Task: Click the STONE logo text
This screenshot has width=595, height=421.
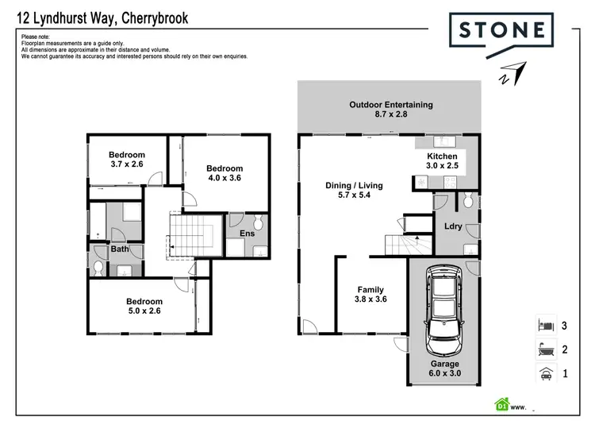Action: coord(501,31)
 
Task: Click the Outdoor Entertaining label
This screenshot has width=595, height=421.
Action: coord(391,110)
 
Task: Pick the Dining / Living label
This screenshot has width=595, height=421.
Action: coord(354,191)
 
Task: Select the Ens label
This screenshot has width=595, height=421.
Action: coord(248,234)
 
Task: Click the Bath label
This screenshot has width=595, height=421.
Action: coord(120,249)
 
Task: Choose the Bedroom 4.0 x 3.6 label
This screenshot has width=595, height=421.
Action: coord(224,173)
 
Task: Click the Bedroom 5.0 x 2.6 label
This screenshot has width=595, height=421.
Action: coord(144,307)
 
